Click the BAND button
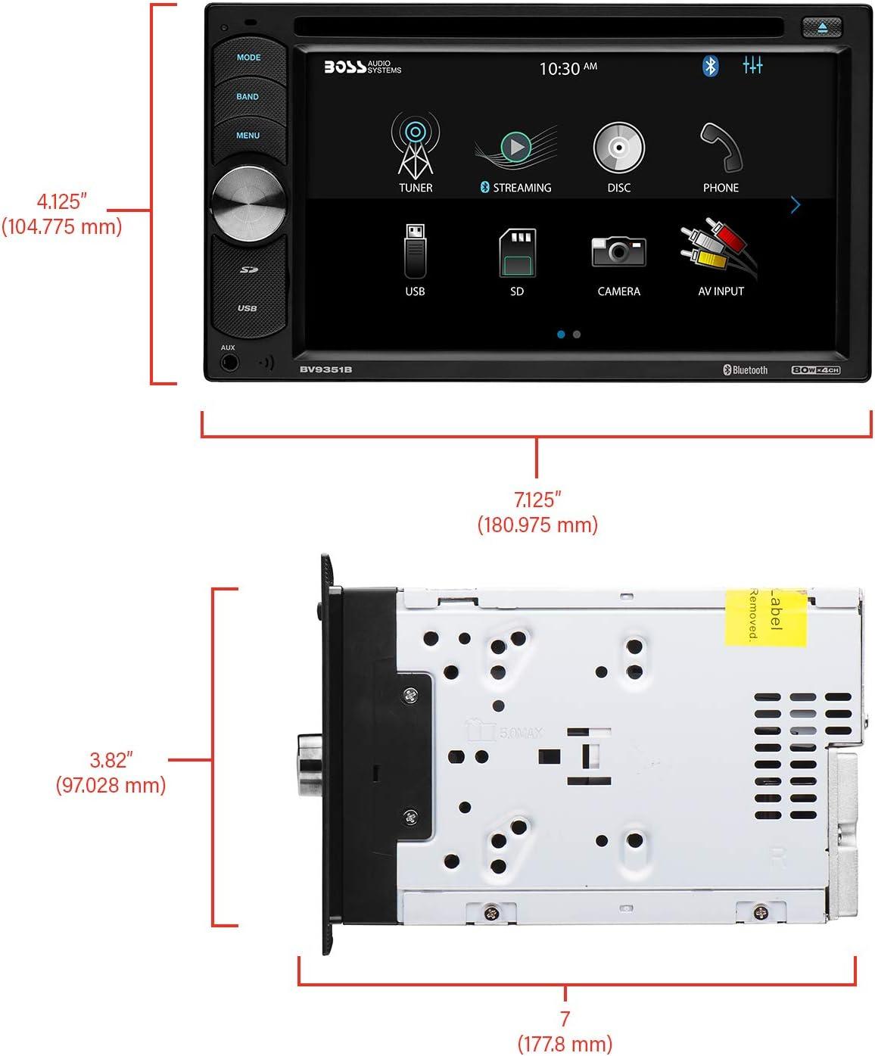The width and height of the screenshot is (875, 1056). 248,97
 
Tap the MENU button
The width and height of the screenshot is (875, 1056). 248,136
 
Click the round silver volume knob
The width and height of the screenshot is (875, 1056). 249,202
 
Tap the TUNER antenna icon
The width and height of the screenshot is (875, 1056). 415,145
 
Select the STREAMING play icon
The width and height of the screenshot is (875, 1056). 516,146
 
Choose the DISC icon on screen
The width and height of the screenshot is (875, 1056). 618,147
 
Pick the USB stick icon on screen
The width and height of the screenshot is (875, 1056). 415,251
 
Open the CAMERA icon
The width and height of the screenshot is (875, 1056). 618,252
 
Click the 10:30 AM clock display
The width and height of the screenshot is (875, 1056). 568,69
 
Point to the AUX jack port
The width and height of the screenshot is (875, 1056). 229,363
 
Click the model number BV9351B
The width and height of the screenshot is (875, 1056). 325,369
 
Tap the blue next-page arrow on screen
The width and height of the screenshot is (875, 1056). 796,205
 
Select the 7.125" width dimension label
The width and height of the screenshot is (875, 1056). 537,512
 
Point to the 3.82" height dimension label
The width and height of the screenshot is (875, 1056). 111,771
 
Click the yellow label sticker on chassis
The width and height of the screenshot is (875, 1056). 764,617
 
